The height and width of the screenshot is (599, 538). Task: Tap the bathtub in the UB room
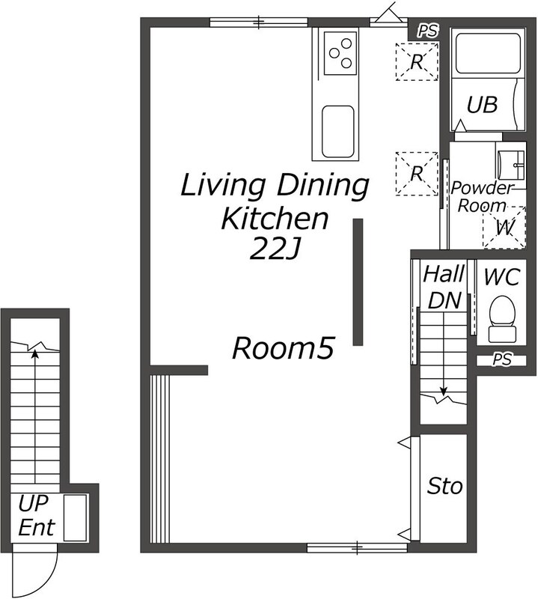pyautogui.click(x=489, y=54)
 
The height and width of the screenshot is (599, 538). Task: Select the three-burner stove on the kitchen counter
pyautogui.click(x=340, y=53)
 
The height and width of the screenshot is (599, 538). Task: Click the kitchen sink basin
pyautogui.click(x=338, y=132)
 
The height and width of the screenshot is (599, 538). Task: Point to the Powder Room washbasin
pyautogui.click(x=511, y=165)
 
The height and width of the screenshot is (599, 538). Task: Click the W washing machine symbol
pyautogui.click(x=504, y=228)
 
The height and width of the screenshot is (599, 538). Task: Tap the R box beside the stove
pyautogui.click(x=417, y=61)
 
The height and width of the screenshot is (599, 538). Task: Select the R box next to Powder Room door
pyautogui.click(x=417, y=174)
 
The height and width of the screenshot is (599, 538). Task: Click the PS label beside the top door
pyautogui.click(x=428, y=31)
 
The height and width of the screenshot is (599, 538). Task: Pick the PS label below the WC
pyautogui.click(x=502, y=359)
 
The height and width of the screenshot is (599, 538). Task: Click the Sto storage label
pyautogui.click(x=444, y=486)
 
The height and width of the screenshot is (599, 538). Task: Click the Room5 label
pyautogui.click(x=284, y=348)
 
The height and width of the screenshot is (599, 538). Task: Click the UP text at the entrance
pyautogui.click(x=33, y=503)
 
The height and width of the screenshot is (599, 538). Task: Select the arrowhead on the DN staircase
pyautogui.click(x=443, y=392)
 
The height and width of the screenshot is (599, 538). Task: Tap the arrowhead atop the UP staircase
pyautogui.click(x=35, y=353)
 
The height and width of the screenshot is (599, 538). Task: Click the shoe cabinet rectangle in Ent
pyautogui.click(x=75, y=517)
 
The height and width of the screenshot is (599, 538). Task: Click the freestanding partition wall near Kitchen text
pyautogui.click(x=358, y=282)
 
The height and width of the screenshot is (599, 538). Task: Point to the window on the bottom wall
pyautogui.click(x=357, y=548)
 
